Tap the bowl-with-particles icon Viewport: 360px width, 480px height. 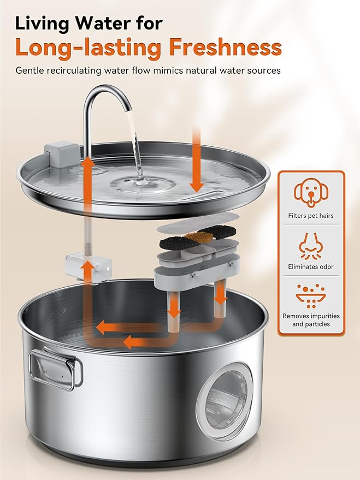(311, 295)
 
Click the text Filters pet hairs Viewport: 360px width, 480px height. (311, 216)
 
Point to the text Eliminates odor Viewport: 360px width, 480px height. (311, 267)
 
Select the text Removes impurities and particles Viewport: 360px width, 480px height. (311, 320)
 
